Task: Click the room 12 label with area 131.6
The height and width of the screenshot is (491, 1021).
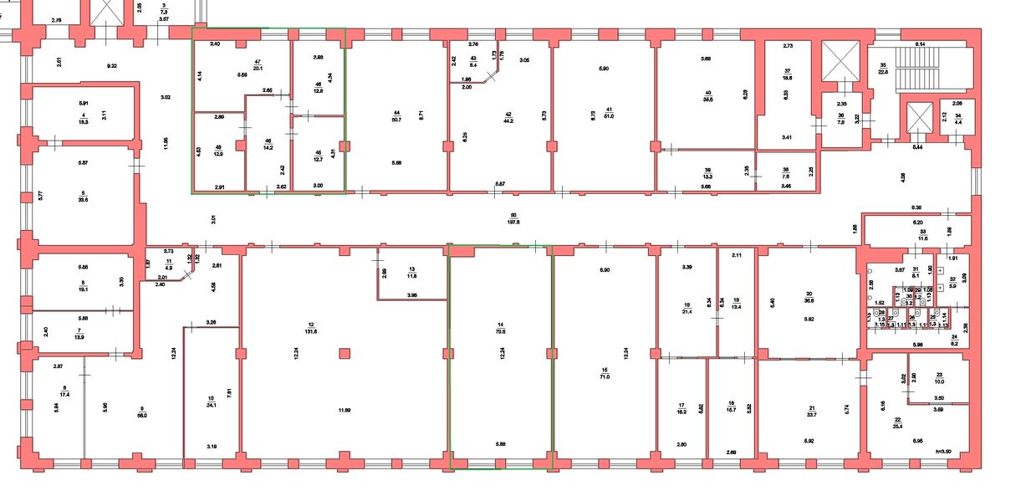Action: pyautogui.click(x=311, y=328)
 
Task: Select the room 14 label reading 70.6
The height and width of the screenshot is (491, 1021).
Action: pyautogui.click(x=501, y=328)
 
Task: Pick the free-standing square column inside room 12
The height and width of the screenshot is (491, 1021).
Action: pyautogui.click(x=344, y=354)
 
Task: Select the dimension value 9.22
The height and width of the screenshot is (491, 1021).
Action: pyautogui.click(x=112, y=65)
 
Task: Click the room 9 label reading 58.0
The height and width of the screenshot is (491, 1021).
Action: pyautogui.click(x=143, y=412)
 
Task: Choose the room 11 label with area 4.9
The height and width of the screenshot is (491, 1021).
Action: pyautogui.click(x=168, y=264)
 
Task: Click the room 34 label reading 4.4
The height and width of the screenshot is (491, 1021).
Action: pyautogui.click(x=958, y=120)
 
